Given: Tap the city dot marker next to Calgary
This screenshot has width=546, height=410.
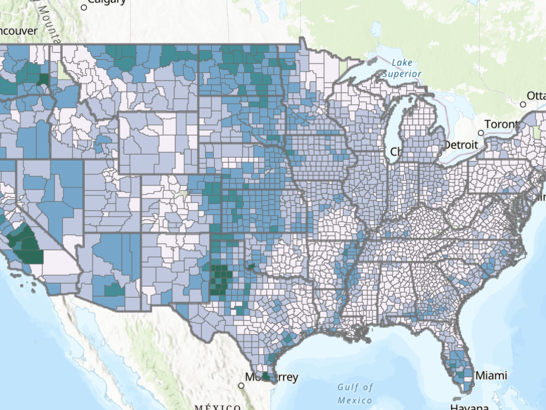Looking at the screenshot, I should click(x=84, y=7).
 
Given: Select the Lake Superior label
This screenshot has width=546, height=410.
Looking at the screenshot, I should click(x=402, y=68).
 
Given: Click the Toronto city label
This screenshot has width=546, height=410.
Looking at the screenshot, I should click(x=501, y=124).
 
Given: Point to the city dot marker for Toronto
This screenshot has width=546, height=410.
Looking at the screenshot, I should click(x=481, y=133).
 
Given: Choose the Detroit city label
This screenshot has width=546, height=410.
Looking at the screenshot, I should click(x=461, y=145).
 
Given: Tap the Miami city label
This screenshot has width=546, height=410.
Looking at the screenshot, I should click(x=491, y=375).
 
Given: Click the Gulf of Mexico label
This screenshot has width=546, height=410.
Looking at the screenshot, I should click(x=355, y=394).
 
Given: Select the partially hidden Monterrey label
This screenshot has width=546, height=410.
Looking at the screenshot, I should click(x=271, y=377).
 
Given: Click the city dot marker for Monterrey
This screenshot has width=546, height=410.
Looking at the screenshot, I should click(x=241, y=386).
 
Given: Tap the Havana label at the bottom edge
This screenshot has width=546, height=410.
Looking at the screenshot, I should click(x=469, y=407).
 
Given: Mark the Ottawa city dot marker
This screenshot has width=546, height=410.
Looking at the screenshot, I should click(x=523, y=104).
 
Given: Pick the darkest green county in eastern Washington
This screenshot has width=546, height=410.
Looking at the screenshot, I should click(x=44, y=79).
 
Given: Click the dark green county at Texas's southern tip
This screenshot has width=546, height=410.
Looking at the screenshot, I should click(x=265, y=376).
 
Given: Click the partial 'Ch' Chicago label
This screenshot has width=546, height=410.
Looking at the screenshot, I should click(x=395, y=152).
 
